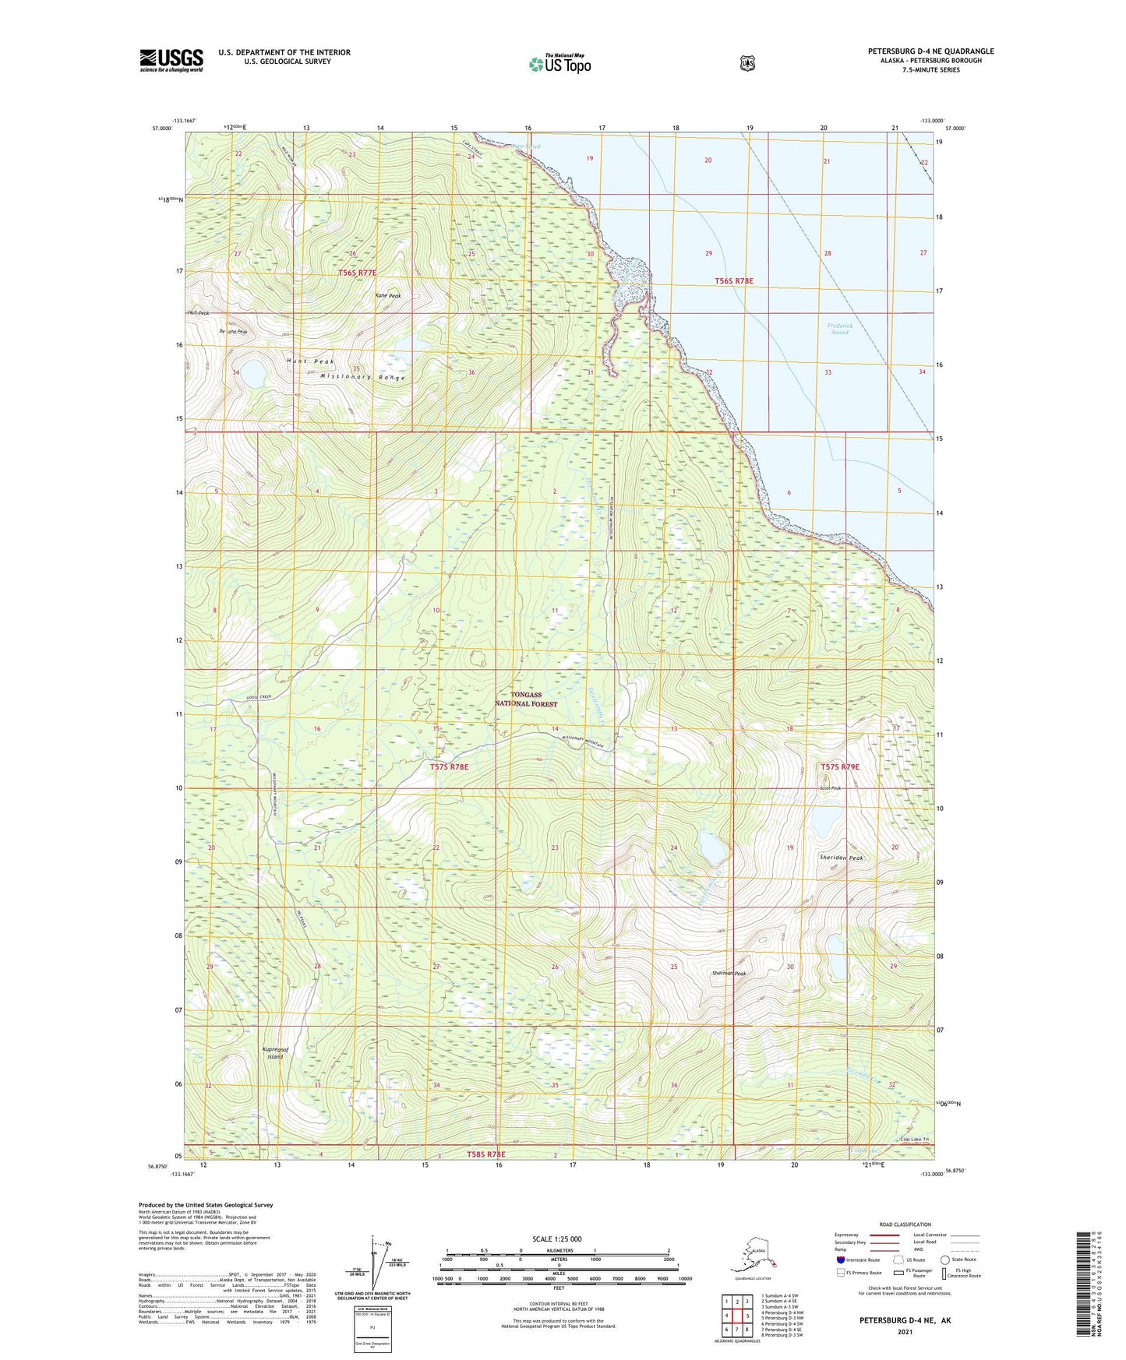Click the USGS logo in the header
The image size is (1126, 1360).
[x=171, y=60]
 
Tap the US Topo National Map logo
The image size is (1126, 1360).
[x=559, y=64]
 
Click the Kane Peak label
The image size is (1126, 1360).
[x=387, y=296]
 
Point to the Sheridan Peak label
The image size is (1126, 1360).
[x=842, y=858]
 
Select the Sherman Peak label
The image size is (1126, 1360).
[x=729, y=974]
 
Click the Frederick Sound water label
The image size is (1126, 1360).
[x=839, y=329]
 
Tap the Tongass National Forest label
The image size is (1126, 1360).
[x=526, y=699]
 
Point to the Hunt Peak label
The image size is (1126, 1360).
[x=309, y=361]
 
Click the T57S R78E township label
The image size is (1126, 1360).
[x=450, y=767]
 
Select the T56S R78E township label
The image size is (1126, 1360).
[x=734, y=280]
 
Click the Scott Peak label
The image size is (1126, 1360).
[x=830, y=788]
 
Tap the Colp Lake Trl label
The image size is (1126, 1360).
[x=915, y=1140]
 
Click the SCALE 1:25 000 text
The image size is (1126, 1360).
[x=556, y=1239]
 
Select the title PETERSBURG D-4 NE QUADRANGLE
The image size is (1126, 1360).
[x=930, y=51]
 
